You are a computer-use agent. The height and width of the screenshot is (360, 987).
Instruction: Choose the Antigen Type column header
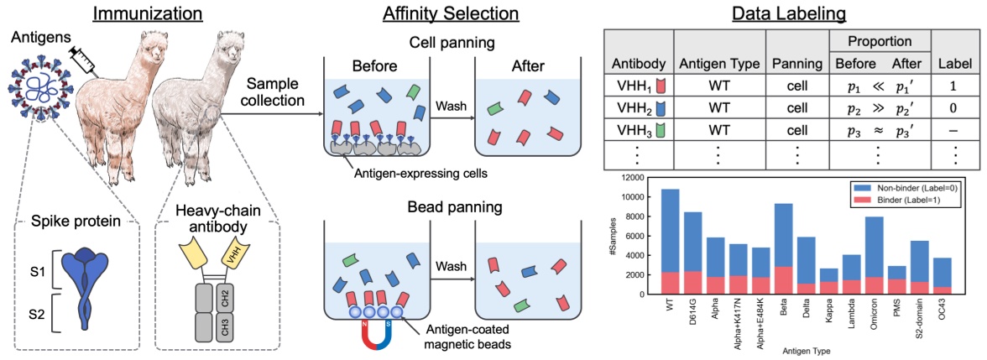[x=718, y=64]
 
